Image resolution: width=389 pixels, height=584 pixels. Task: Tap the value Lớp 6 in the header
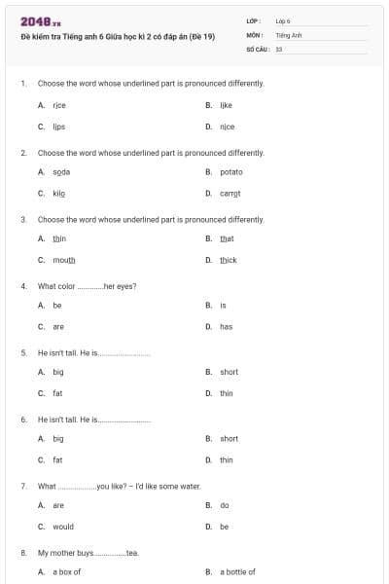click(283, 20)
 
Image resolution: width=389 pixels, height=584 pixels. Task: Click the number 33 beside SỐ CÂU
click(279, 48)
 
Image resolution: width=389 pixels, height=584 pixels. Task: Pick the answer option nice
click(227, 127)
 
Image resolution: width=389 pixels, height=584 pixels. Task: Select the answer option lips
click(58, 127)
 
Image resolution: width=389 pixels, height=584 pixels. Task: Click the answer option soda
click(61, 171)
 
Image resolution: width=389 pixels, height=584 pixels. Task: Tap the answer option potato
click(231, 171)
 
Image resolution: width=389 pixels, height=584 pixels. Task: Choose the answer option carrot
click(230, 194)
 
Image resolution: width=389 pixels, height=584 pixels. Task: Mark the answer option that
click(227, 238)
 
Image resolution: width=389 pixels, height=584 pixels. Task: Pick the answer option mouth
click(63, 261)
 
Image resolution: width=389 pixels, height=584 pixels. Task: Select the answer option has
click(226, 327)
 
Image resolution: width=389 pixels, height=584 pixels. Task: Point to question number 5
click(23, 352)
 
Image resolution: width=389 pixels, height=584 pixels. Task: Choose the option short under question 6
click(229, 439)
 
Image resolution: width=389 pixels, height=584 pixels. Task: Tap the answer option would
click(63, 527)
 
